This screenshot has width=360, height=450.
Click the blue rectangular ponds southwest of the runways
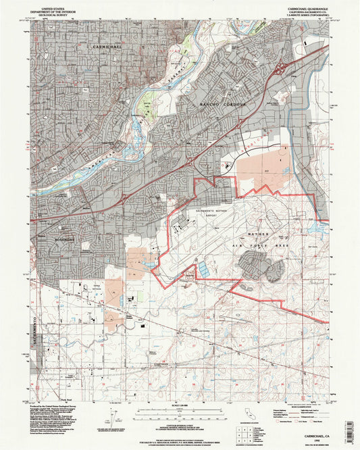click(203, 269)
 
